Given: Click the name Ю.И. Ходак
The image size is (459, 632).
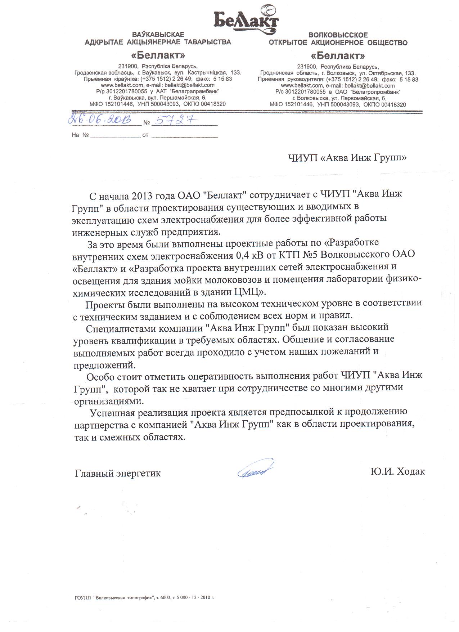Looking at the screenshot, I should pos(397,471).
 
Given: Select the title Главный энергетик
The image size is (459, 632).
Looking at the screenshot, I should pos(118,473).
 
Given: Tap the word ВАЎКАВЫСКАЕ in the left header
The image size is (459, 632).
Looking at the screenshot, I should pos(158,35).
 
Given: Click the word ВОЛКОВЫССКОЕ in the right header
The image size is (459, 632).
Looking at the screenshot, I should pos(338,35).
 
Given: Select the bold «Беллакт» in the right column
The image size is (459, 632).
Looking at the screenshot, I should pos(338,56).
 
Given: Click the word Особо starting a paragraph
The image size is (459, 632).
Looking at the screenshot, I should pos(101,376).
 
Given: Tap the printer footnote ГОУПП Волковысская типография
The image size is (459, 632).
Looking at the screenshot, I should pos(142,597).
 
